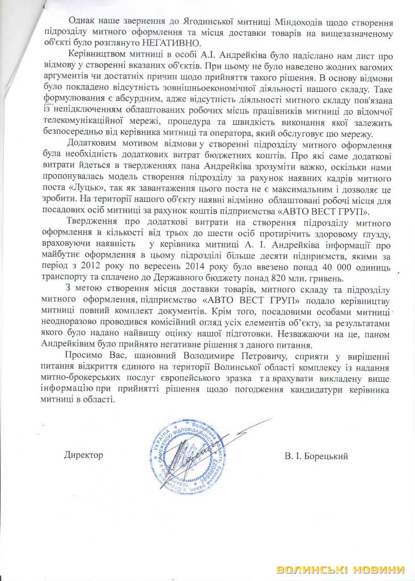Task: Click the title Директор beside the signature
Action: click(x=83, y=455)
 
